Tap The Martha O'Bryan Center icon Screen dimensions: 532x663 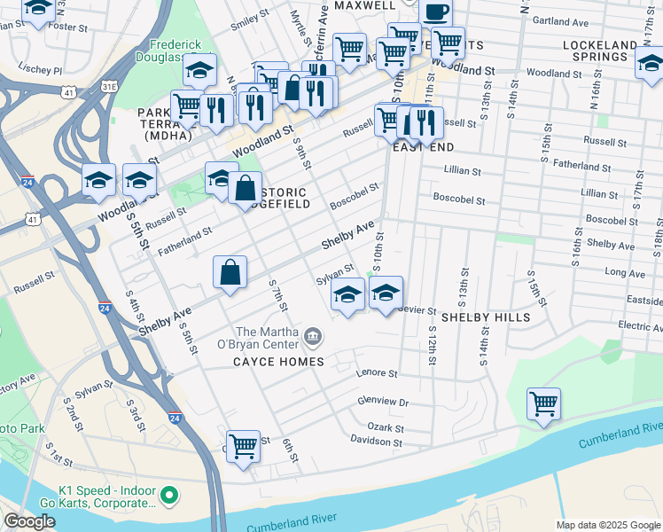[x=312, y=336]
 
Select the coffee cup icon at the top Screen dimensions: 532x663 [x=434, y=12]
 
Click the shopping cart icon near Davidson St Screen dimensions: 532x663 [x=242, y=445]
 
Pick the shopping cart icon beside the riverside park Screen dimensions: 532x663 [x=543, y=403]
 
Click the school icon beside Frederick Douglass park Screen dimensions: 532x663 [x=200, y=68]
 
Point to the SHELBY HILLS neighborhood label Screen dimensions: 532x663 [x=485, y=317]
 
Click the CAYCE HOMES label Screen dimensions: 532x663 [x=279, y=362]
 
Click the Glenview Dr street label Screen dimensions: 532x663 [x=382, y=402]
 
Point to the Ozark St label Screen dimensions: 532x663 [x=385, y=426]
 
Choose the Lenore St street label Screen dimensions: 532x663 [x=373, y=374]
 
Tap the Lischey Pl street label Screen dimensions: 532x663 [x=41, y=69]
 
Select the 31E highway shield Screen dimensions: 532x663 [x=109, y=86]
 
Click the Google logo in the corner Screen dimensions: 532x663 [x=30, y=521]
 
